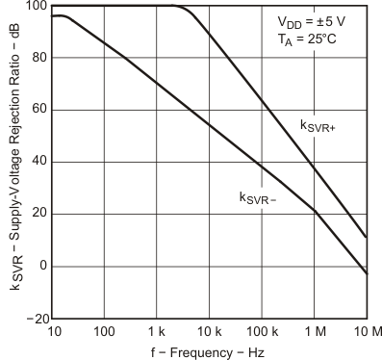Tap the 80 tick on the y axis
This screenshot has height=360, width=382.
click(36, 58)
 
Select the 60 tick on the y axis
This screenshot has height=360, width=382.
click(36, 110)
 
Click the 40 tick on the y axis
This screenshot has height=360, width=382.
click(36, 162)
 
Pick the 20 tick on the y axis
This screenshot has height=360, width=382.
click(36, 214)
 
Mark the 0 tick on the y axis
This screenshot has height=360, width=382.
click(39, 266)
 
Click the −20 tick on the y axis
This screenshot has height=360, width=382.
click(32, 318)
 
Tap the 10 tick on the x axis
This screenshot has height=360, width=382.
click(53, 333)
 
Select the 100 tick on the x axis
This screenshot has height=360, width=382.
click(105, 333)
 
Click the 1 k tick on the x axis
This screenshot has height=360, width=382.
click(157, 333)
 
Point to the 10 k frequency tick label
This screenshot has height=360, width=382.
click(209, 333)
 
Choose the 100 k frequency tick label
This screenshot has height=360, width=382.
click(261, 333)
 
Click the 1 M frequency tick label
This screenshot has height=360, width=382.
click(314, 333)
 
